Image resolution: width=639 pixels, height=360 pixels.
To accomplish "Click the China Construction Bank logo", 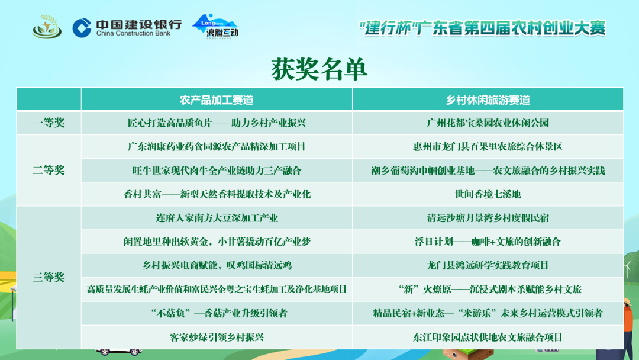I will [x=127, y=27].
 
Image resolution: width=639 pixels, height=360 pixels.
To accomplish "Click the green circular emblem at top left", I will [x=47, y=27].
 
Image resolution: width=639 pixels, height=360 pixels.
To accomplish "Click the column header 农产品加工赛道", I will [x=217, y=100].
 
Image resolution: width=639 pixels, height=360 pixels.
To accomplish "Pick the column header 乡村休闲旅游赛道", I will [x=488, y=100].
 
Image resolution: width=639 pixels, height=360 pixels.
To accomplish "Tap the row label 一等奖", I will [x=49, y=123].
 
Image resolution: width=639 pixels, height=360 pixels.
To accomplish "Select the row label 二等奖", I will [x=49, y=171].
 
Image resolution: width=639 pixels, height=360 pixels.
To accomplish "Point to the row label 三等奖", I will [x=49, y=277].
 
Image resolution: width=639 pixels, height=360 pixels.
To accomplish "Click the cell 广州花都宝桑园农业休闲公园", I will [x=488, y=123].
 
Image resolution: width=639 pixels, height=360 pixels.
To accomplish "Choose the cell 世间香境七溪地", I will [x=488, y=194].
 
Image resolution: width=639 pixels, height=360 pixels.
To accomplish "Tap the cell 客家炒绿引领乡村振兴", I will [x=217, y=337].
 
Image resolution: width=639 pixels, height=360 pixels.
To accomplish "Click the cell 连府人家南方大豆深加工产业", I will [x=217, y=218].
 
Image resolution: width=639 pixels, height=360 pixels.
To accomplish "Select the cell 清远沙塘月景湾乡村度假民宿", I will [x=488, y=218].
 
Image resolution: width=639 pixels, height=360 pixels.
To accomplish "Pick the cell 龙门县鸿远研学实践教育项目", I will [x=488, y=265].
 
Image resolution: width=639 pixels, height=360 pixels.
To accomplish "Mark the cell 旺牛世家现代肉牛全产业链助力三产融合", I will [x=217, y=171].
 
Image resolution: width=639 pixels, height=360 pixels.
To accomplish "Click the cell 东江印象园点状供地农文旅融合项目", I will [x=488, y=337].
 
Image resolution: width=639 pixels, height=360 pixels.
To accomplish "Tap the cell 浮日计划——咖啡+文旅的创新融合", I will [x=488, y=242].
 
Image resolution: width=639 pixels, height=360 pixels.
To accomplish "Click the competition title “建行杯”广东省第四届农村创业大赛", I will [x=483, y=28].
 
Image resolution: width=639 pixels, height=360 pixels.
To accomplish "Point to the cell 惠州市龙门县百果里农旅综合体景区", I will [x=488, y=147].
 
